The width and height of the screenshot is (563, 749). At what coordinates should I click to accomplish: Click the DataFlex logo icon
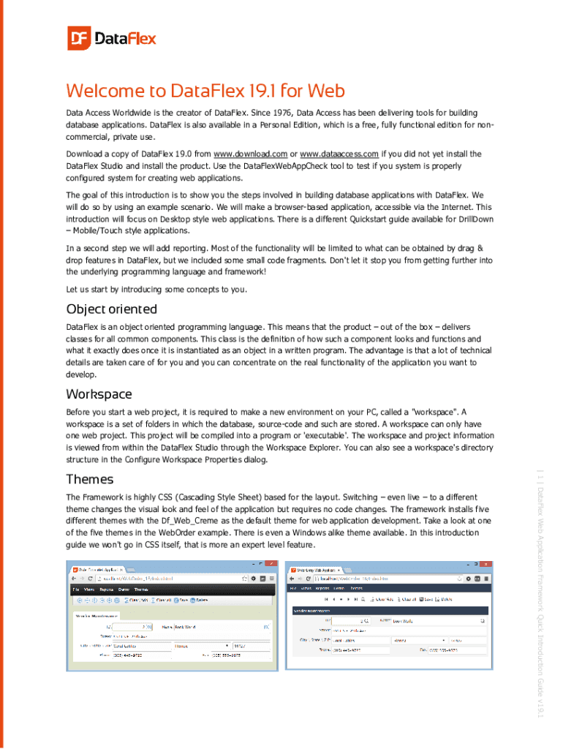click(78, 38)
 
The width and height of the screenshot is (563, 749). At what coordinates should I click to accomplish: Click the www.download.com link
click(249, 154)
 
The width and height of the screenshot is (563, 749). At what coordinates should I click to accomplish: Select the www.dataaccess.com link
click(339, 154)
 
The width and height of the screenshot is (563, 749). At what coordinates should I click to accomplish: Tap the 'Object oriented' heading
click(111, 309)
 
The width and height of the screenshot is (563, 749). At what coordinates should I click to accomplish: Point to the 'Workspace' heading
click(99, 394)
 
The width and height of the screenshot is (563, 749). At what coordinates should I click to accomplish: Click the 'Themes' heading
click(89, 479)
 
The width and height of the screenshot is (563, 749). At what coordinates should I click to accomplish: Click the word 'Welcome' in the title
click(106, 91)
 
